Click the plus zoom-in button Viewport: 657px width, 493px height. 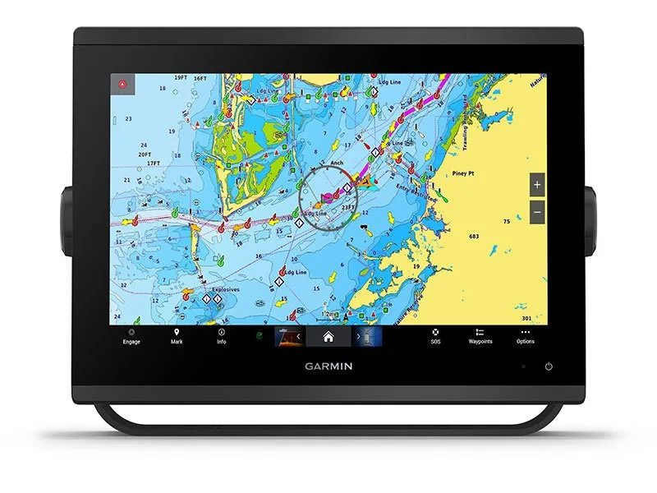(x=537, y=185)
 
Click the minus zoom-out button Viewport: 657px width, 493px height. (x=537, y=212)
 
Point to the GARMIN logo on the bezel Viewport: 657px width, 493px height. (x=328, y=366)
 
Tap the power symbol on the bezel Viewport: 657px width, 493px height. (x=549, y=366)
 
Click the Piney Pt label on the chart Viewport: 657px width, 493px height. (x=466, y=173)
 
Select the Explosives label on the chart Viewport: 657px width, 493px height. (x=224, y=289)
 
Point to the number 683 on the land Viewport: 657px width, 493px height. (x=474, y=237)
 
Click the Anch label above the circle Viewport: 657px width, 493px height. (x=337, y=163)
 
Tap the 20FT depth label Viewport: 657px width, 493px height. (x=145, y=154)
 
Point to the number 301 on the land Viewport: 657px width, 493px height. (x=526, y=318)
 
